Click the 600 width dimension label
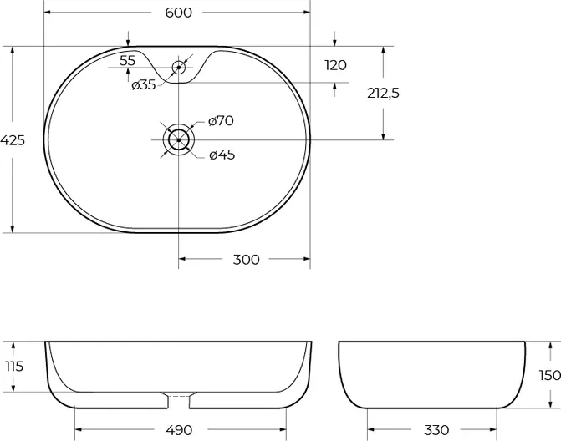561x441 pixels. [x=179, y=13]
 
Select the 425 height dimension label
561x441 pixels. [x=13, y=140]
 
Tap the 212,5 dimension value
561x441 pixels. [x=383, y=94]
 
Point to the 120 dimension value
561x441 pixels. [x=335, y=65]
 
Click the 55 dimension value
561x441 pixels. [x=128, y=61]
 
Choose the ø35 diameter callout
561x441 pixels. [x=144, y=85]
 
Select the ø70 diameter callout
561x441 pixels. [x=221, y=121]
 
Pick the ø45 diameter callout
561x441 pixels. [x=222, y=155]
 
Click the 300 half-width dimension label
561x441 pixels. [x=246, y=260]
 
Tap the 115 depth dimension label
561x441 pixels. [x=14, y=367]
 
